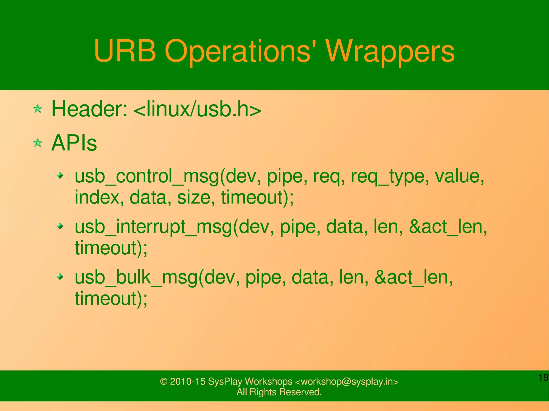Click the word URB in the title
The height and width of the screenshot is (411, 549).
125,51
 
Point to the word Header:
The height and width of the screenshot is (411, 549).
89,109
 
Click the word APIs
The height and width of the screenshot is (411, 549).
74,143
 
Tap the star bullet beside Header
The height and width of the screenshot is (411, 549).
38,109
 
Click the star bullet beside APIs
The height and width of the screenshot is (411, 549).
38,143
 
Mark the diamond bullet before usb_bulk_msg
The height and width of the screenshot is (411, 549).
61,277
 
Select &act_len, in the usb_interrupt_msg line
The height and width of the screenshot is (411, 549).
448,227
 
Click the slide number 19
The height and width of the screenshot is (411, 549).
543,378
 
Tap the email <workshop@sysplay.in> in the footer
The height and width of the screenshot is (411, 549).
347,381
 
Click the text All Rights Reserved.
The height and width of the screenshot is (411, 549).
279,392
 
